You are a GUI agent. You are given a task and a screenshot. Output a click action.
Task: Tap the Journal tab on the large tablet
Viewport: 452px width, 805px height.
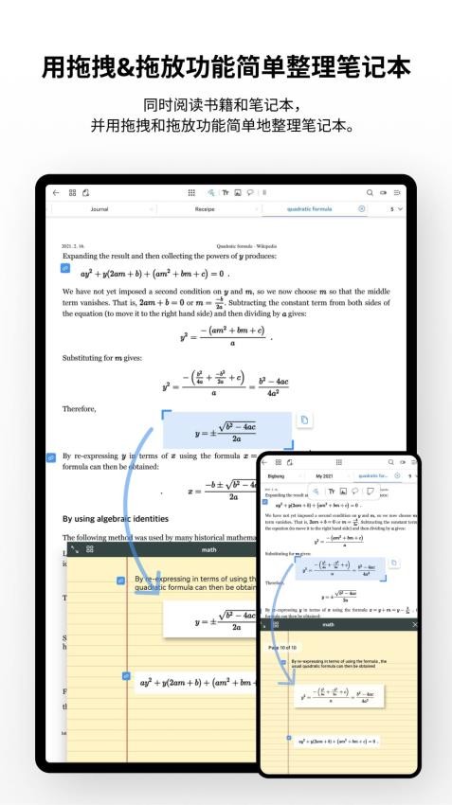99,208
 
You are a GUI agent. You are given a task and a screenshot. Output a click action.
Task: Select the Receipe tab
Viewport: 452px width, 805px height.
205,208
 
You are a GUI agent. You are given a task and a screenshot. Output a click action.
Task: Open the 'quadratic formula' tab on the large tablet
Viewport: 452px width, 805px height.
309,208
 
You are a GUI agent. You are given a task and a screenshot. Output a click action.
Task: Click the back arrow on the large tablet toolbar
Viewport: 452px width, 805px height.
56,192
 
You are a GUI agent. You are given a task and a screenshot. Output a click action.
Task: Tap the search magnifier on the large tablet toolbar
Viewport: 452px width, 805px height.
370,192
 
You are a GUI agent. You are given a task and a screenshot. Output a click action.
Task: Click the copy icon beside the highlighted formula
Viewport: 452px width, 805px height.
304,420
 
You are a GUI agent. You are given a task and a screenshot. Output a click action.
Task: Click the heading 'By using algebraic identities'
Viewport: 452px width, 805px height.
116,519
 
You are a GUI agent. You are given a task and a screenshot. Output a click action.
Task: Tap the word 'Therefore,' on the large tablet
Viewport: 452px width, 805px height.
80,409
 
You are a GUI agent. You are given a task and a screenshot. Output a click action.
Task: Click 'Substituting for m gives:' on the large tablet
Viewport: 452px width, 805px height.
101,360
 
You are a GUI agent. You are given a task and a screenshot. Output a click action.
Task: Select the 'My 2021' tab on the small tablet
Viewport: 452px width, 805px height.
325,475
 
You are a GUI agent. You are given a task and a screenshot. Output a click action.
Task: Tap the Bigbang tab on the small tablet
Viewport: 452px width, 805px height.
276,475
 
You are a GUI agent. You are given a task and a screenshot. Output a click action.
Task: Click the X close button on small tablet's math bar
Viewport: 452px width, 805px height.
415,625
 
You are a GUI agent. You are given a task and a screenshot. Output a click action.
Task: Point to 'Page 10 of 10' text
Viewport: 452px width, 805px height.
281,646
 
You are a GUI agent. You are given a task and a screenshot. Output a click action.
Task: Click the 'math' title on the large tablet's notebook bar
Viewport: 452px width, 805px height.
209,549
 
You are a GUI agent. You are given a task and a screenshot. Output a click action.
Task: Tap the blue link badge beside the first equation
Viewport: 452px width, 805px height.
65,268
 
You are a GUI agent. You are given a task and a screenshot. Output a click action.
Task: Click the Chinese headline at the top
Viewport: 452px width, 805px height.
226,68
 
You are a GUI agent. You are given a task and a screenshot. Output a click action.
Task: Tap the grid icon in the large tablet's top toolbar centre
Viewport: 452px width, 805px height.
191,192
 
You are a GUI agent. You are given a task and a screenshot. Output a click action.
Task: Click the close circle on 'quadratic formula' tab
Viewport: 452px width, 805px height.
361,208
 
